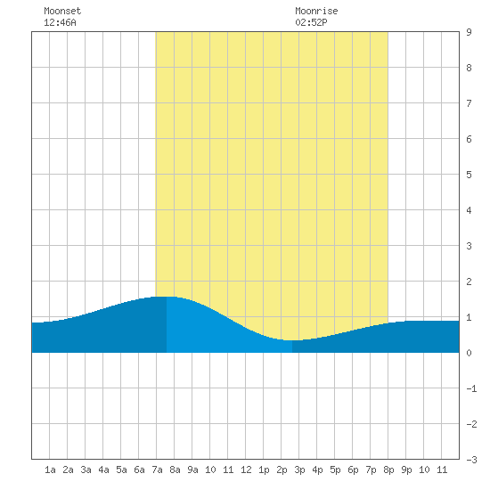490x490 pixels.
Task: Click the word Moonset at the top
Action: [62, 11]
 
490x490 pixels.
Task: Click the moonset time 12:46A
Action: [60, 22]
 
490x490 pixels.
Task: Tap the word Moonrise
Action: [316, 11]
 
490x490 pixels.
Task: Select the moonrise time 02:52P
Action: [311, 22]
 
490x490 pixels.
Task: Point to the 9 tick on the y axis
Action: [469, 32]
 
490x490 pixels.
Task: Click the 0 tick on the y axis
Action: [469, 353]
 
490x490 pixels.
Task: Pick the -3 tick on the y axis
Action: [471, 460]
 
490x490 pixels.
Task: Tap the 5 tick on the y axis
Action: [469, 175]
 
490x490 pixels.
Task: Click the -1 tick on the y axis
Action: [471, 388]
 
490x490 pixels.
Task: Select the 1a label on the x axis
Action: [50, 470]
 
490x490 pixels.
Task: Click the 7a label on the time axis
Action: [157, 470]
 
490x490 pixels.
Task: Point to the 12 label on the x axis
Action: [246, 470]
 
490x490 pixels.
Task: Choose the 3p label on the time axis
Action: [299, 470]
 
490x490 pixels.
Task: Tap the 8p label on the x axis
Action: [388, 470]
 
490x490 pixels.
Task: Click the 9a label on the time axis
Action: [192, 470]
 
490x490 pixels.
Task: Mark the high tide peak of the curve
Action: [167, 297]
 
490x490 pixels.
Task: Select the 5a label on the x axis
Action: [121, 470]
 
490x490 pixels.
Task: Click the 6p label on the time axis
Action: [353, 470]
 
